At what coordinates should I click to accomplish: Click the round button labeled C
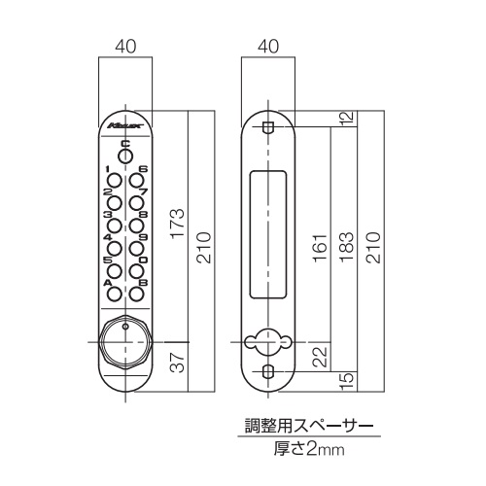(125, 156)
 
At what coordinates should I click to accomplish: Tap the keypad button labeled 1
(115, 180)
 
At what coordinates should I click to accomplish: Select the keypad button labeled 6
(136, 180)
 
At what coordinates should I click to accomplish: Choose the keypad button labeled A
(115, 294)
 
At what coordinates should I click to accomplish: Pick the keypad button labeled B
(136, 294)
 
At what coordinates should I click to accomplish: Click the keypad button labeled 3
(115, 226)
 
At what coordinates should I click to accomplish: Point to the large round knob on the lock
(125, 342)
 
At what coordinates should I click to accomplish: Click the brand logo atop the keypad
(125, 125)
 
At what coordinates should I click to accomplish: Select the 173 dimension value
(178, 224)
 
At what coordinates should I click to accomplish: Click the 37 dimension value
(178, 362)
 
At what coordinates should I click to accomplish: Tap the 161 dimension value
(320, 248)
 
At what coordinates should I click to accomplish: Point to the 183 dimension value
(346, 247)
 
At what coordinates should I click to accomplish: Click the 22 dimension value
(321, 357)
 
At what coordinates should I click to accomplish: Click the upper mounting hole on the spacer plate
(268, 127)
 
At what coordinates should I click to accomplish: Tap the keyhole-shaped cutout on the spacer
(268, 342)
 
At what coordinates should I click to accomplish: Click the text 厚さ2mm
(309, 449)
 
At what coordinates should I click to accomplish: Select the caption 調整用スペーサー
(309, 426)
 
